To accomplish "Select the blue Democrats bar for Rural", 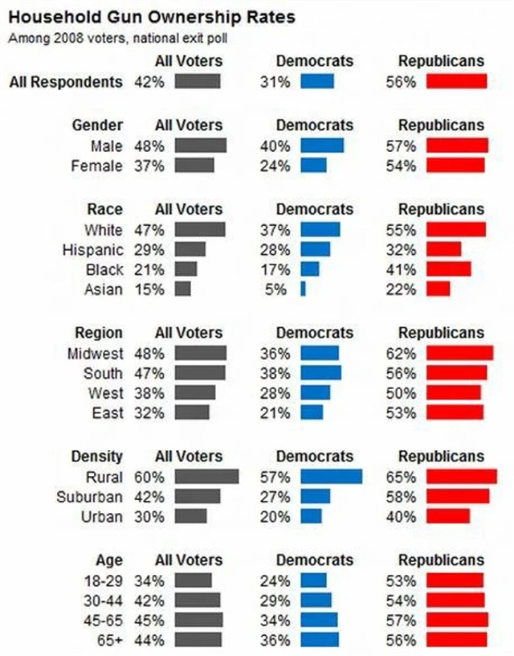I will tap(331, 476).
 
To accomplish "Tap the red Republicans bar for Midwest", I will tap(459, 353).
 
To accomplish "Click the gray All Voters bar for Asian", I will tap(182, 289).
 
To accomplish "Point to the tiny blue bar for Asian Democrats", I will tap(304, 289).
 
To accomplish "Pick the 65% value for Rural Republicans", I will tap(400, 476).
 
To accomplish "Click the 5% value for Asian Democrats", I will tap(275, 289).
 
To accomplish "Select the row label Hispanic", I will tap(92, 249).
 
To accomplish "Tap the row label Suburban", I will tap(89, 496).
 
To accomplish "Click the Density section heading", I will tap(97, 457).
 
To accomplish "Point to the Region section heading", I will tap(99, 333).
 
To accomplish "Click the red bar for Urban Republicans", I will tap(448, 516).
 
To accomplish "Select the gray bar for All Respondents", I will tap(197, 81).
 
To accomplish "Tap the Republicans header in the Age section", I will tap(441, 560).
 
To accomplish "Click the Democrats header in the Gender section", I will tap(315, 125).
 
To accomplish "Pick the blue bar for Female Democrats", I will tap(313, 165).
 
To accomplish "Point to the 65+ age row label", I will tap(110, 640).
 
